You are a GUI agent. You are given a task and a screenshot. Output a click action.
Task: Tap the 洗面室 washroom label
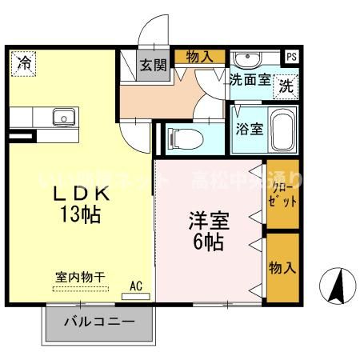coord(249,80)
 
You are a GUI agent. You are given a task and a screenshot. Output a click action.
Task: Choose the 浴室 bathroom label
coord(248,130)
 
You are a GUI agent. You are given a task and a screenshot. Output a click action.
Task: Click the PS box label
coord(291,57)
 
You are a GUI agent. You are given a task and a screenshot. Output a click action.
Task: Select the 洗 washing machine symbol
coord(286,86)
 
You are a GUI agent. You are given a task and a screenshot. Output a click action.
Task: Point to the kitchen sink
coord(62,118)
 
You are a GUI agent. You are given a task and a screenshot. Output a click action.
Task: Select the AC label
coord(135,284)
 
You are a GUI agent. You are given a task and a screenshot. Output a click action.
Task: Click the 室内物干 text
coord(80,277)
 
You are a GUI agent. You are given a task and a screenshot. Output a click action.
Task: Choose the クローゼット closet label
coord(282,195)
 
